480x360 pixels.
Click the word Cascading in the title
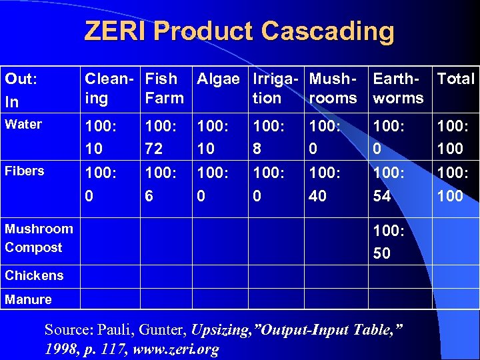tap(327, 31)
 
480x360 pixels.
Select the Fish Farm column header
tap(164, 88)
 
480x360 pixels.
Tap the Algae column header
tap(218, 79)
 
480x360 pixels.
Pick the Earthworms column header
tap(398, 88)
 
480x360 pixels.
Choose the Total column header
tap(455, 79)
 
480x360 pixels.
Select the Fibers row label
tap(24, 171)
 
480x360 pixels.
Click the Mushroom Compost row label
tap(38, 238)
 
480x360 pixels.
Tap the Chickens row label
tap(34, 275)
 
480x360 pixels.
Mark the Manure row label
tap(28, 299)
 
